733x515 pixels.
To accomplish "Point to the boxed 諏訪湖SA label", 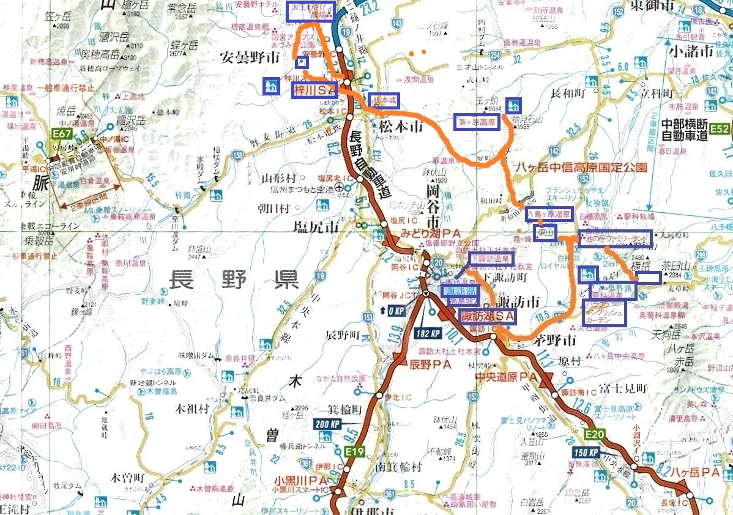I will tap(488, 316).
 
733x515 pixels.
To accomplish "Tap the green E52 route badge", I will tap(720, 128).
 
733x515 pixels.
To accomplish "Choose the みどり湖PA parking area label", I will tap(430, 233).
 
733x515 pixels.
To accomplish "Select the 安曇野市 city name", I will tap(250, 57).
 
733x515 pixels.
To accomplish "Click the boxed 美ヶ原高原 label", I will tap(477, 122).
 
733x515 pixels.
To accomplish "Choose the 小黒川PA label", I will tap(297, 480).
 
